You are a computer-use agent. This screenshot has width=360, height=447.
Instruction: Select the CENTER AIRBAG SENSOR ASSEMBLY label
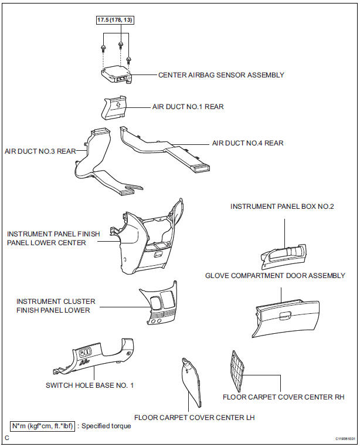221,75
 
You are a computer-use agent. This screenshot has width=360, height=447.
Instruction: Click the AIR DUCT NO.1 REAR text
188,107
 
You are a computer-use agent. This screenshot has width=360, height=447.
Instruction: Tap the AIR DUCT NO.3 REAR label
40,151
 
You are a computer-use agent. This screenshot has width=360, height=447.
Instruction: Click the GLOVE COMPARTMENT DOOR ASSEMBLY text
275,276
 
